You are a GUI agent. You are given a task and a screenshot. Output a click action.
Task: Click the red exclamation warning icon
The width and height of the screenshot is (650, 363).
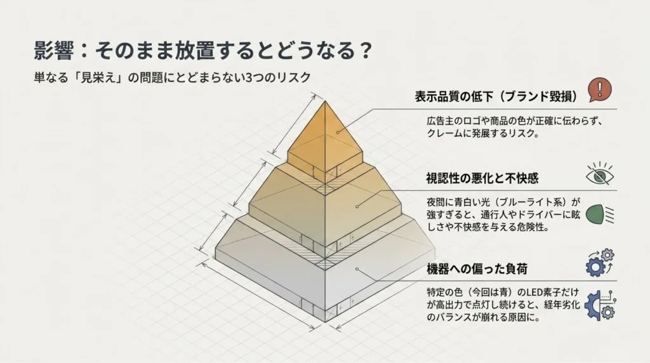[599, 89]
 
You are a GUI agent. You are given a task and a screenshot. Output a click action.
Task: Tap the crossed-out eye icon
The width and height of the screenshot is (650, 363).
[600, 174]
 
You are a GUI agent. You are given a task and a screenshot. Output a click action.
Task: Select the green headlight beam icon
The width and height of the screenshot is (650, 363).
[600, 214]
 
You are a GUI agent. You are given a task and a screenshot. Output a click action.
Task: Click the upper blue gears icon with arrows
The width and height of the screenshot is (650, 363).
[600, 263]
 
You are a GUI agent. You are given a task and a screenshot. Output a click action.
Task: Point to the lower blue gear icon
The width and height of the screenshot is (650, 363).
[600, 305]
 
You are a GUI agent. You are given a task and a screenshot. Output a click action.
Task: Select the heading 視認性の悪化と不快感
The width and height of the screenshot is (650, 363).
[482, 178]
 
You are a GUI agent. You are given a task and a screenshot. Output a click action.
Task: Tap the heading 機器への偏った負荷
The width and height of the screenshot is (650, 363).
[477, 269]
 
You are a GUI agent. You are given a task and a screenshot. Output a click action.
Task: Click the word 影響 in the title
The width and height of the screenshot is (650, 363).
[53, 51]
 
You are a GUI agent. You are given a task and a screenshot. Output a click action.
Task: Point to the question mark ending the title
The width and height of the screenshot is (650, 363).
[366, 51]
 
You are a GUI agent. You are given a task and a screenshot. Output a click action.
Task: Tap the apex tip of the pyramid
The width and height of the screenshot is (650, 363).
[325, 101]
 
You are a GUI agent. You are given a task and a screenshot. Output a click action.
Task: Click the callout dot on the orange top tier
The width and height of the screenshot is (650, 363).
[338, 133]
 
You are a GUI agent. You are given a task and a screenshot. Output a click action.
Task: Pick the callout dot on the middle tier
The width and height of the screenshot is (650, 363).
[357, 206]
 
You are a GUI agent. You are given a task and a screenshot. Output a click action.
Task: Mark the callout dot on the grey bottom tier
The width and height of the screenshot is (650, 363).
[357, 269]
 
